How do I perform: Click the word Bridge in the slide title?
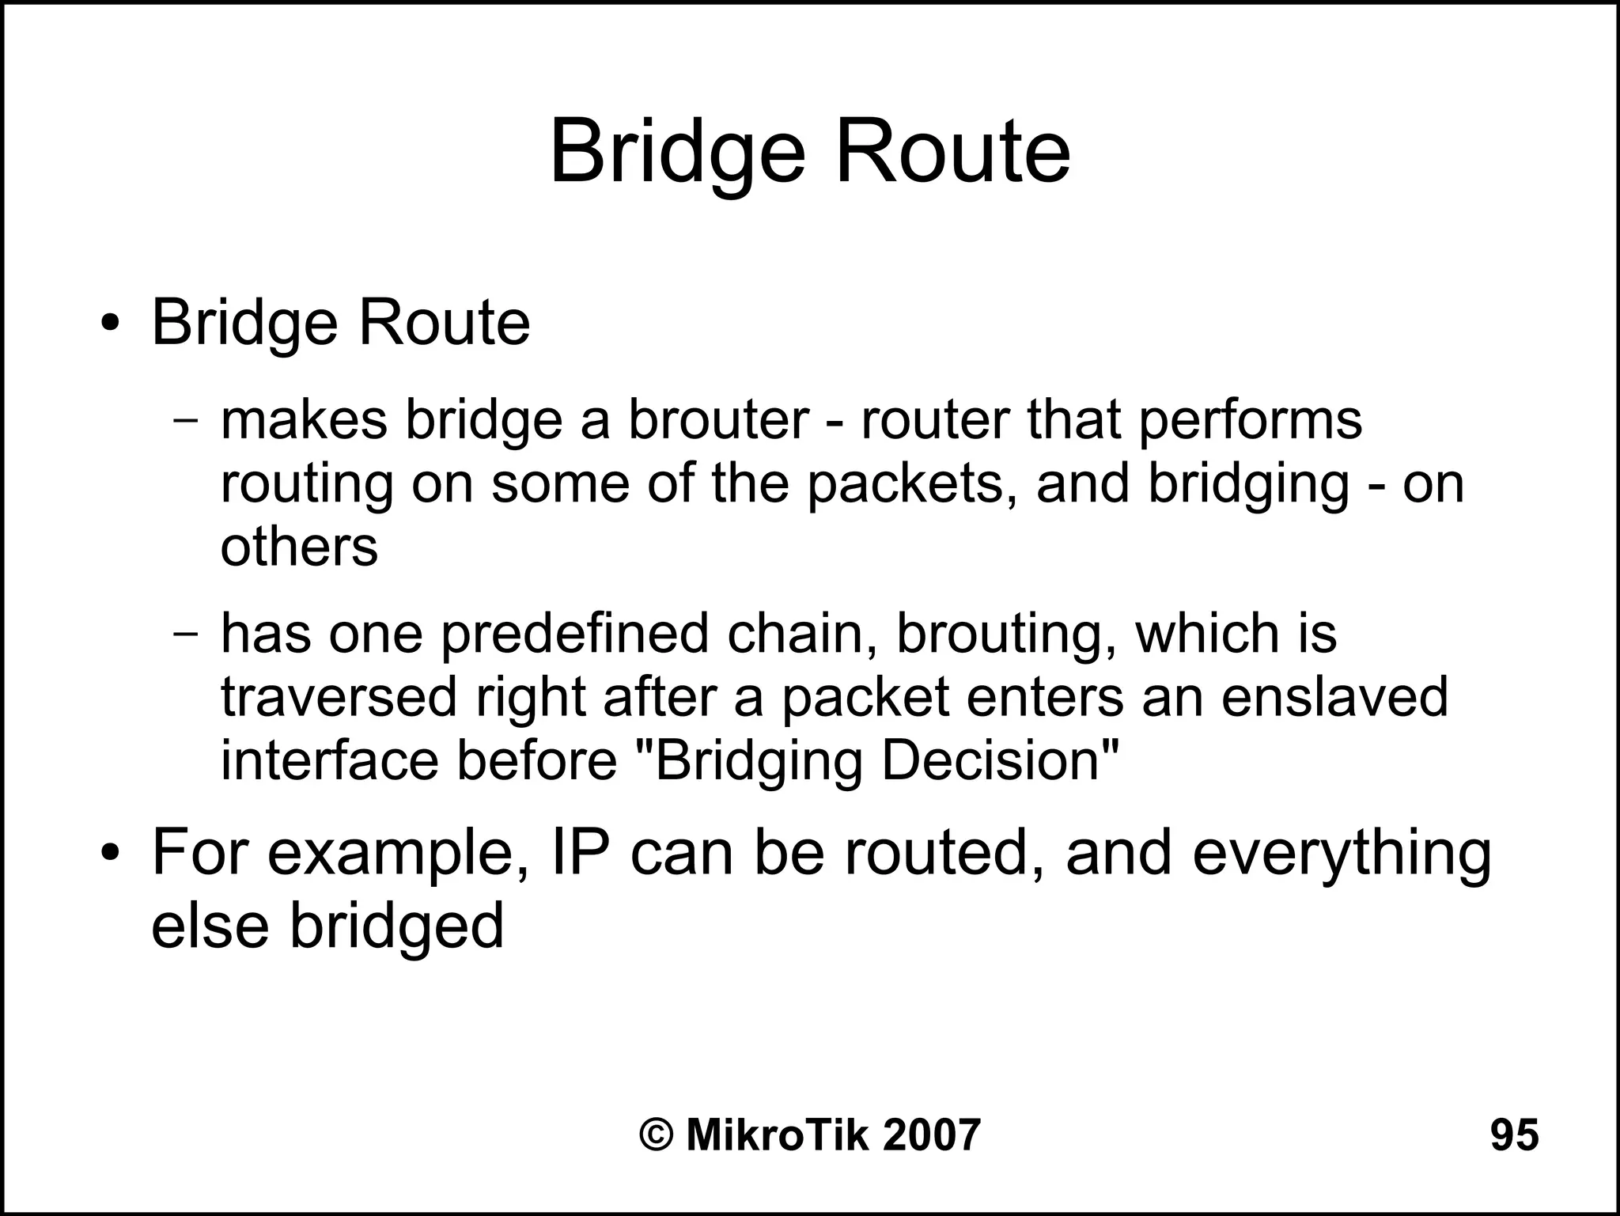tap(677, 152)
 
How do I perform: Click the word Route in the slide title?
tap(952, 152)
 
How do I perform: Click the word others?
tap(299, 547)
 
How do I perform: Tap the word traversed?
tap(339, 697)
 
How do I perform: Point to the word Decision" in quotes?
tap(1001, 760)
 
